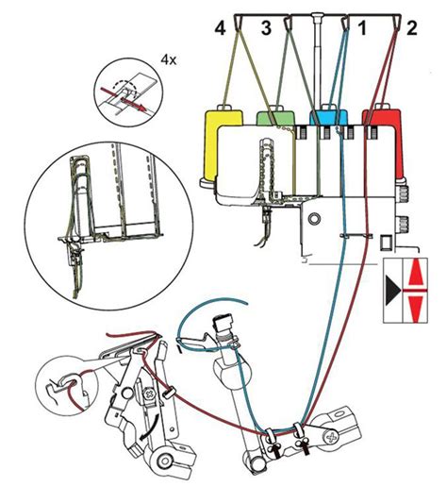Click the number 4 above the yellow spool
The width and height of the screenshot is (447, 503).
(221, 29)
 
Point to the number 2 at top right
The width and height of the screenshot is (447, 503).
(411, 29)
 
